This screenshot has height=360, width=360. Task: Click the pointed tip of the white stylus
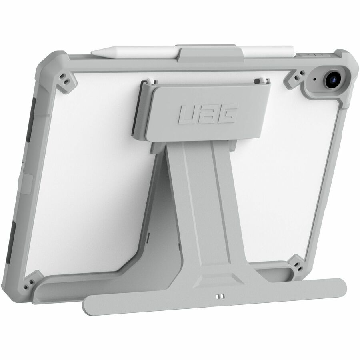(x=93, y=52)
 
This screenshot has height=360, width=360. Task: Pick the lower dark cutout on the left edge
(x=14, y=240)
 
